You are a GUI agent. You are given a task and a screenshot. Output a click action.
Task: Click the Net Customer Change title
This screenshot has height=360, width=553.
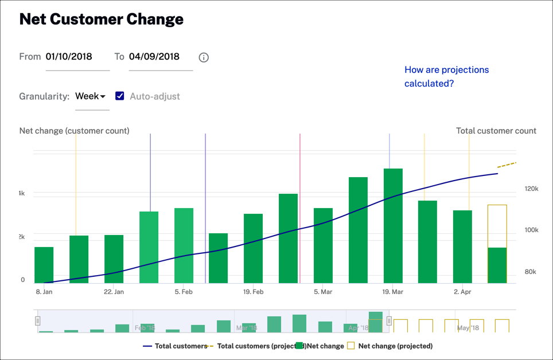click(x=101, y=19)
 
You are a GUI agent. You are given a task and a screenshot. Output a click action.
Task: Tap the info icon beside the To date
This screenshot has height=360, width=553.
click(x=204, y=57)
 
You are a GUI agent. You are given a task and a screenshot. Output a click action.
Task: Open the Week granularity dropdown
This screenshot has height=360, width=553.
click(x=91, y=96)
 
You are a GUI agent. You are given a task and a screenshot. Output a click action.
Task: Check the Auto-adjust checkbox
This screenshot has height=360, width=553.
click(x=119, y=96)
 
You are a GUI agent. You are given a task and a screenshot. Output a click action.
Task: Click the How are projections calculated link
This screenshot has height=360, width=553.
click(x=446, y=76)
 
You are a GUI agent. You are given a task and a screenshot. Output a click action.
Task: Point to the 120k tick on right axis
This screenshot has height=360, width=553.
click(x=531, y=189)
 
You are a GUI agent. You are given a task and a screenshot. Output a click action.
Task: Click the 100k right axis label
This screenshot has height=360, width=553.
click(x=531, y=230)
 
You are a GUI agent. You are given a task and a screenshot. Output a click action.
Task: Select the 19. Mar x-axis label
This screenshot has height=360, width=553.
click(x=393, y=292)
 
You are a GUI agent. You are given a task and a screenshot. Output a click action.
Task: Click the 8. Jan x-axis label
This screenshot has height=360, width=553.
click(x=44, y=292)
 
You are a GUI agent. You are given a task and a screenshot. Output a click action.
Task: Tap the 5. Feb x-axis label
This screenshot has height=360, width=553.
click(x=184, y=292)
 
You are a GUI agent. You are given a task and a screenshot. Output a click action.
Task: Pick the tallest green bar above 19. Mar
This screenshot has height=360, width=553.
click(x=393, y=226)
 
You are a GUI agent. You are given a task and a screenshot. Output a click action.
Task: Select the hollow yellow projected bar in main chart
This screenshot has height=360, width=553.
click(x=497, y=226)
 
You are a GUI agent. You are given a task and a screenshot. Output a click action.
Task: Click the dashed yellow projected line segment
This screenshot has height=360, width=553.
click(x=507, y=165)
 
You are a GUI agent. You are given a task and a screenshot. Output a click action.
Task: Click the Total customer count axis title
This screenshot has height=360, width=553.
click(x=496, y=131)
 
